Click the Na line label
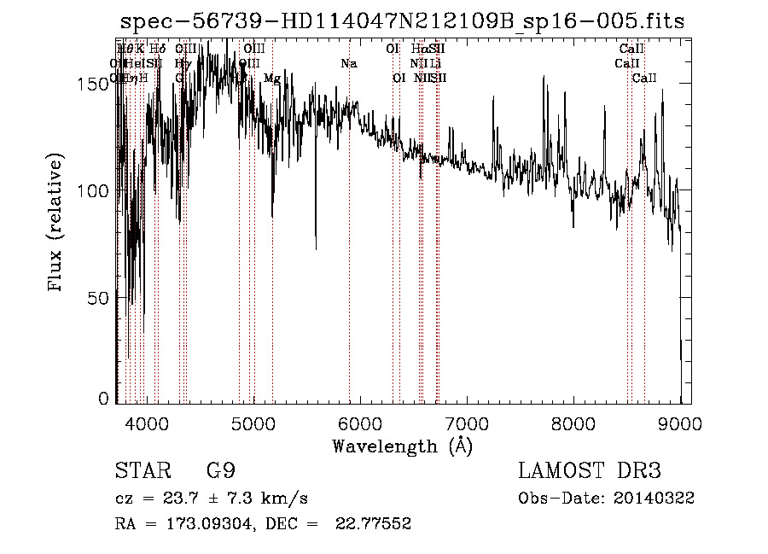[x=348, y=63]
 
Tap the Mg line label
[x=271, y=78]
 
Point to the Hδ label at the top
[x=157, y=49]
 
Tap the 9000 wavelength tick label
[x=679, y=422]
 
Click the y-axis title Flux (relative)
[x=56, y=224]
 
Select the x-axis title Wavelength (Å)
[x=402, y=446]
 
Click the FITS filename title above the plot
[x=402, y=21]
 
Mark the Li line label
[x=435, y=63]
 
